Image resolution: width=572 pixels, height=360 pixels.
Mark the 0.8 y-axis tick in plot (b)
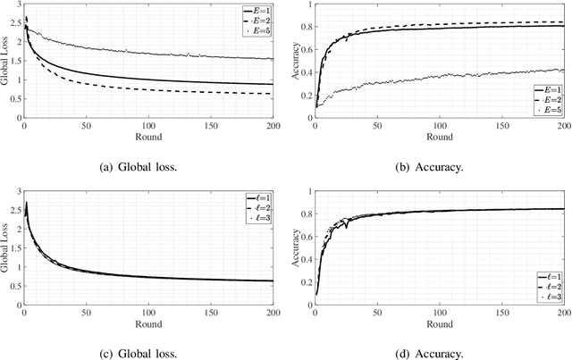pyautogui.click(x=304, y=28)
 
